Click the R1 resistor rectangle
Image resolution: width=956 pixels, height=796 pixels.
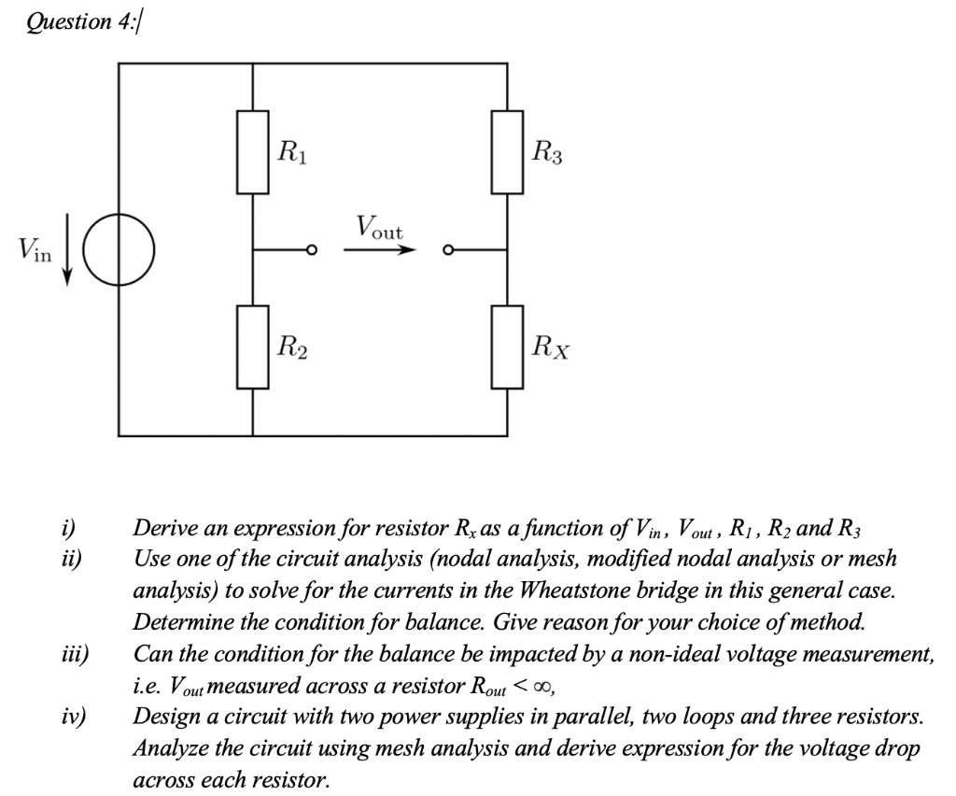(253, 151)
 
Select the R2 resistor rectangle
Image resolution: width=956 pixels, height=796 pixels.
(253, 347)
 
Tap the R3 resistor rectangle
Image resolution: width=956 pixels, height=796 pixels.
(507, 151)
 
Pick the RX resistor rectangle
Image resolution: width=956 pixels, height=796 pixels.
(507, 347)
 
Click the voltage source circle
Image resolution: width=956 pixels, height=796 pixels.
(119, 249)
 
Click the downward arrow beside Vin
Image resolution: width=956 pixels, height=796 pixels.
(68, 249)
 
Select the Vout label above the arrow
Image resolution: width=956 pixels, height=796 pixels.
(378, 227)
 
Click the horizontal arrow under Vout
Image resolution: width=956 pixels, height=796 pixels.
(378, 250)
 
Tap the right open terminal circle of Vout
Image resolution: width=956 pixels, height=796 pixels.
(448, 250)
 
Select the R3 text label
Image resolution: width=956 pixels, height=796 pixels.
(545, 149)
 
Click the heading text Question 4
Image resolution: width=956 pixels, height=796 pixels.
(81, 21)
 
